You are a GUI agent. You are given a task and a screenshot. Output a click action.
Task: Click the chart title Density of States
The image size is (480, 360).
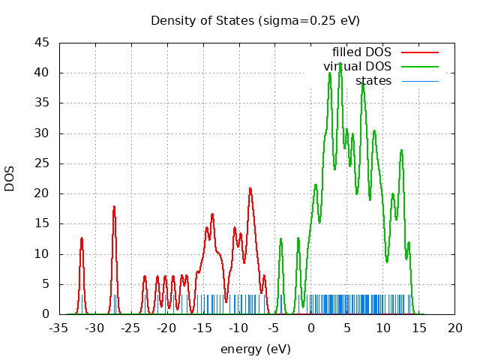coord(255,20)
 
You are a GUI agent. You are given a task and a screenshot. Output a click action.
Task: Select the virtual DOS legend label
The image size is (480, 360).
coord(357,66)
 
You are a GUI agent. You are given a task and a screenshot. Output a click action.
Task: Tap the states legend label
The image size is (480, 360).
coord(373,80)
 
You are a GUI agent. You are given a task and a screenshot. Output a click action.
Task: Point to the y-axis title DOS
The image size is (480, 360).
coord(10,178)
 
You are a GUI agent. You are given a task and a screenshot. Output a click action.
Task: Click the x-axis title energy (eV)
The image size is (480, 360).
coord(255,349)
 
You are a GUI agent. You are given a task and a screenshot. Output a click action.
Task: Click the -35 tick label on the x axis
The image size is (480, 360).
coord(58,328)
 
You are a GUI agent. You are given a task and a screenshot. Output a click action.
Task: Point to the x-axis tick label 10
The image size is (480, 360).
coord(383,328)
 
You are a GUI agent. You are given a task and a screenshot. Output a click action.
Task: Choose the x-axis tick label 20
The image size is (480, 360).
coord(455,328)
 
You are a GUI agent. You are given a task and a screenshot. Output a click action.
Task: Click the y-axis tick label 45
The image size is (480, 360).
coord(43,43)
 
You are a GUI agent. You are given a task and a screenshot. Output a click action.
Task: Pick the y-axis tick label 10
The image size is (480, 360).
coord(43,253)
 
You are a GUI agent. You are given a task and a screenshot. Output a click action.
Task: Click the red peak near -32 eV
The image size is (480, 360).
coord(82,238)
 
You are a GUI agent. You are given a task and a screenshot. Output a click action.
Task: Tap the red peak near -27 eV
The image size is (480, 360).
coord(114,207)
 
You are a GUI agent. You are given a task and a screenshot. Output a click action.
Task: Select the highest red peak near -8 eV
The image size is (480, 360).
coord(250,188)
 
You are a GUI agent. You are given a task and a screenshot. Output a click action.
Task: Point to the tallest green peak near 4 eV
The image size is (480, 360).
coord(340,64)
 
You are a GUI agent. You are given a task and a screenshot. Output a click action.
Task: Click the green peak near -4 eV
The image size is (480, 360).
coord(281,239)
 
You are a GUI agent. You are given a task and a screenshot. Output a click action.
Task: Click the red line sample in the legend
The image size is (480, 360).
coord(419,52)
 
